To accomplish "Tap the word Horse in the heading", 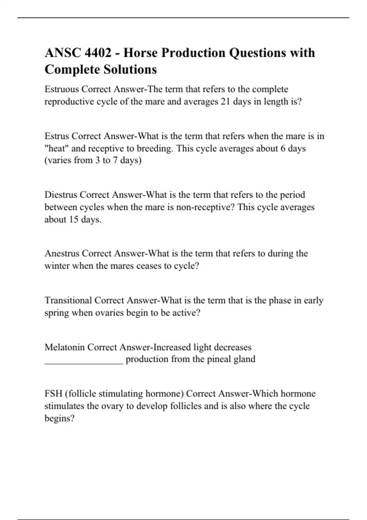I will pyautogui.click(x=140, y=53).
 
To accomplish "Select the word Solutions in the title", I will pyautogui.click(x=130, y=69).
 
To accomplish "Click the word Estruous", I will pyautogui.click(x=62, y=89).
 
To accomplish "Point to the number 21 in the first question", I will pyautogui.click(x=225, y=102).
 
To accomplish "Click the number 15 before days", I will pyautogui.click(x=73, y=220).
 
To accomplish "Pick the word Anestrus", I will pyautogui.click(x=62, y=254).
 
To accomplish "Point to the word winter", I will pyautogui.click(x=57, y=266).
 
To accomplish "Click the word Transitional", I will pyautogui.click(x=68, y=300).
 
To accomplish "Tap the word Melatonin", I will pyautogui.click(x=65, y=347).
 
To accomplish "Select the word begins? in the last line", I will pyautogui.click(x=59, y=418).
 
